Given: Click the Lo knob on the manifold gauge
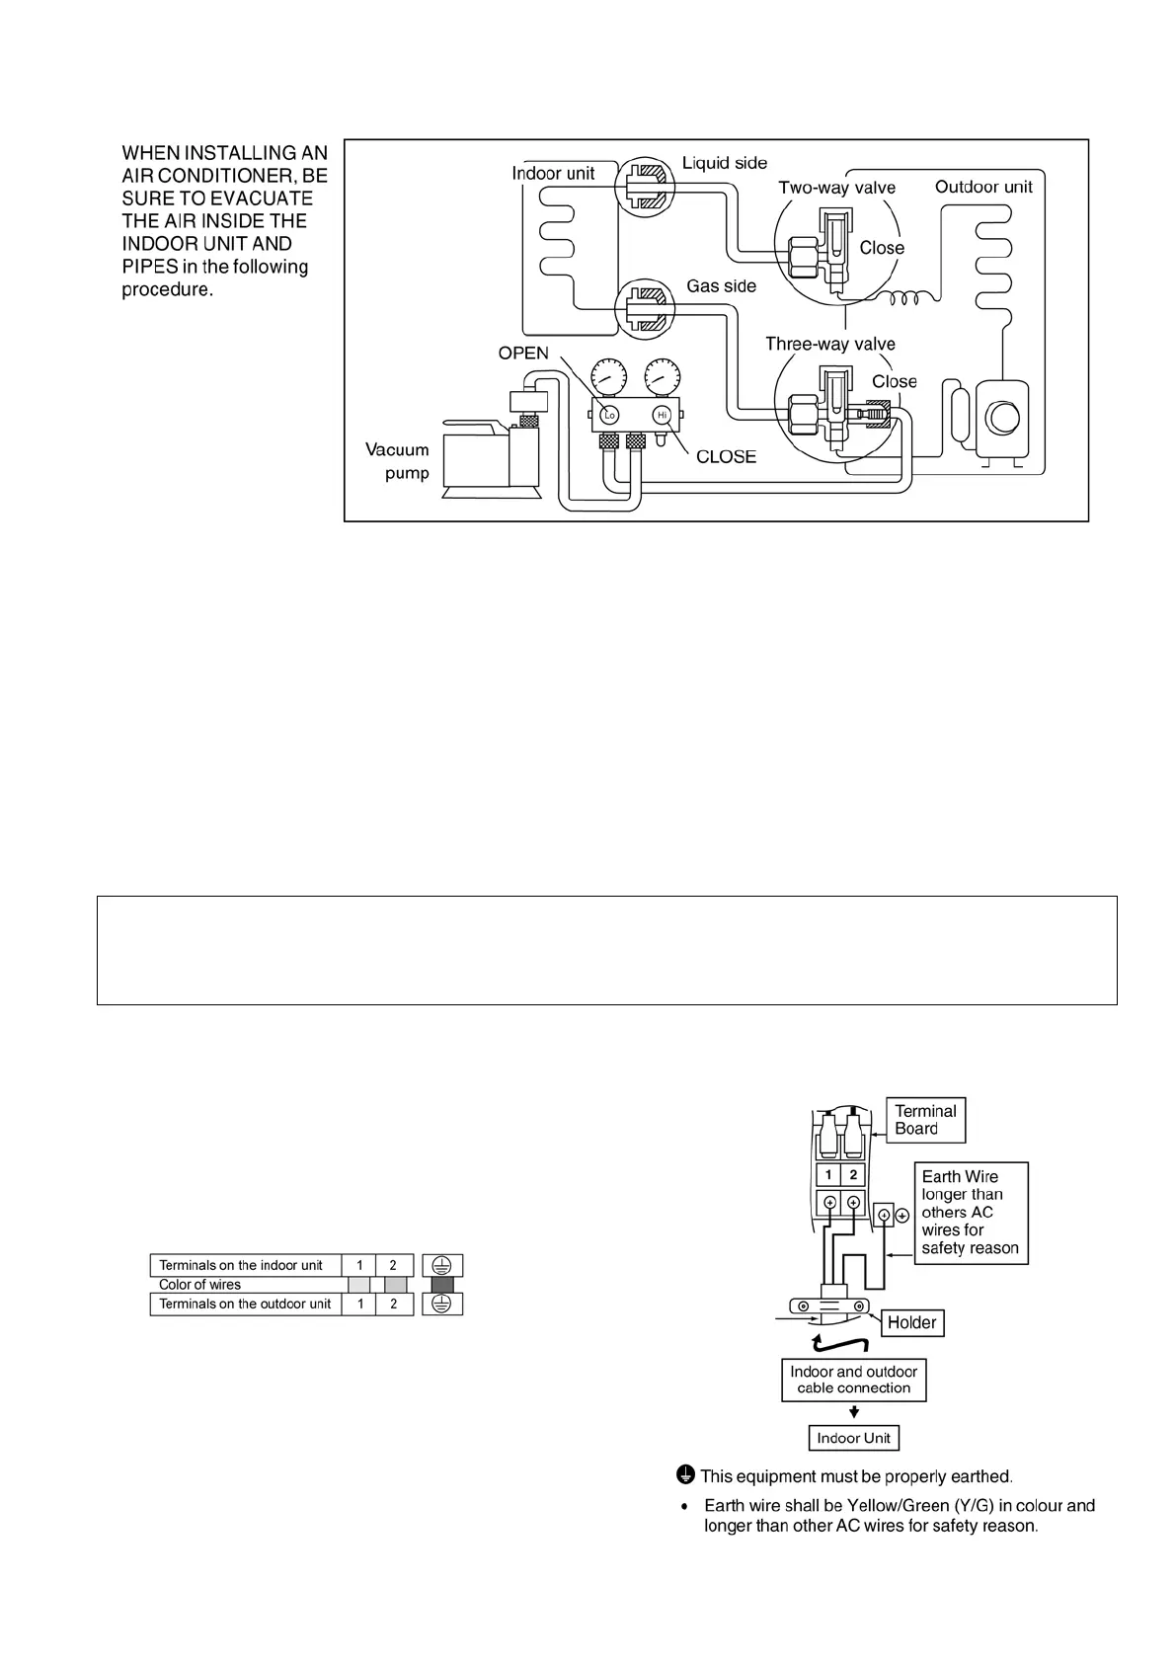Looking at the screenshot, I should tap(609, 415).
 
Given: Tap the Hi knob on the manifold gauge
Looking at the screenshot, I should tap(663, 415).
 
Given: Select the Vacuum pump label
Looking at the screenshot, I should tap(398, 461).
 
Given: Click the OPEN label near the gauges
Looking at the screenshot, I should tap(523, 354).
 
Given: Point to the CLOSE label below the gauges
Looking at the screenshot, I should tap(726, 456).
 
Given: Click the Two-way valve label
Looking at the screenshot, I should tap(836, 188).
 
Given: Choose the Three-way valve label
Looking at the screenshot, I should tap(830, 344).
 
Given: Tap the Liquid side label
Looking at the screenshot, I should tap(725, 163).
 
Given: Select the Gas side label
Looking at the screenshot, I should tap(722, 285).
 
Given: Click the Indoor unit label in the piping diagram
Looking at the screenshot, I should tap(553, 173).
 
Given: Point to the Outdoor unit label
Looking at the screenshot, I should tap(983, 187).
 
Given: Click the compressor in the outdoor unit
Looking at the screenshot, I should tap(1002, 419).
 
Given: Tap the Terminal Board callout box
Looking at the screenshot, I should tap(925, 1120).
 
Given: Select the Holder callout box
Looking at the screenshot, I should tap(911, 1322).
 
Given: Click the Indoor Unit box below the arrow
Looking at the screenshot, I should tap(853, 1438).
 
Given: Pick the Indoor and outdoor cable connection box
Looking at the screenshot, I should tap(853, 1380).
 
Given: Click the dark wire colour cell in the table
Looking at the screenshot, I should tap(442, 1285).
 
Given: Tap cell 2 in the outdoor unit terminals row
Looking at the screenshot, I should tap(393, 1305).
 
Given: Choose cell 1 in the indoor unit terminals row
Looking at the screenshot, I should tap(359, 1265).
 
